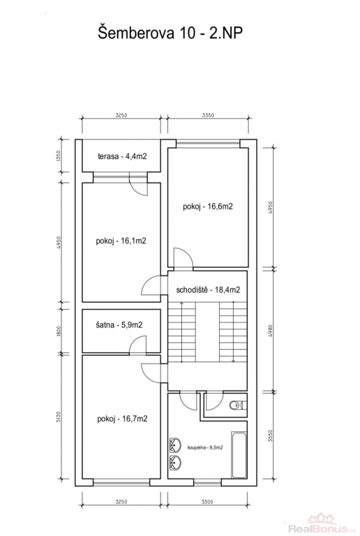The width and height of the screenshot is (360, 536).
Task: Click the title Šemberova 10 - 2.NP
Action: click(170, 33)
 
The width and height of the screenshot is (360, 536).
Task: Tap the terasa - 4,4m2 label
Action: click(122, 156)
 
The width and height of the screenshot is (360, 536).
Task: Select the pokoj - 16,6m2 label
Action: click(208, 207)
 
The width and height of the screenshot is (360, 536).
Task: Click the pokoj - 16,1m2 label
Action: click(121, 241)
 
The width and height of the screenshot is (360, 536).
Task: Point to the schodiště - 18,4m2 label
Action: click(208, 290)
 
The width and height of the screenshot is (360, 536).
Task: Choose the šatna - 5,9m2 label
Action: click(119, 325)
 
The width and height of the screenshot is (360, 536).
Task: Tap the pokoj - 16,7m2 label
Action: click(122, 419)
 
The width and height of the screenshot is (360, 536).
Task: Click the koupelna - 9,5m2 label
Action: click(205, 447)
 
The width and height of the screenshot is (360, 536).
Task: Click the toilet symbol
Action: click(238, 405)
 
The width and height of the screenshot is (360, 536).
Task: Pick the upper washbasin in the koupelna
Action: click(175, 445)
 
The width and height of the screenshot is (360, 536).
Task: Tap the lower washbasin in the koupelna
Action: click(175, 463)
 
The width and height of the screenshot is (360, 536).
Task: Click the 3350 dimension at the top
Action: click(208, 115)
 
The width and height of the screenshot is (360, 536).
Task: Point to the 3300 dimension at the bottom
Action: click(207, 502)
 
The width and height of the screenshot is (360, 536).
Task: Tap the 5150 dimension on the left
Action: click(58, 418)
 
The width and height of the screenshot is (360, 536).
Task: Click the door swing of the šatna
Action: click(138, 344)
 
